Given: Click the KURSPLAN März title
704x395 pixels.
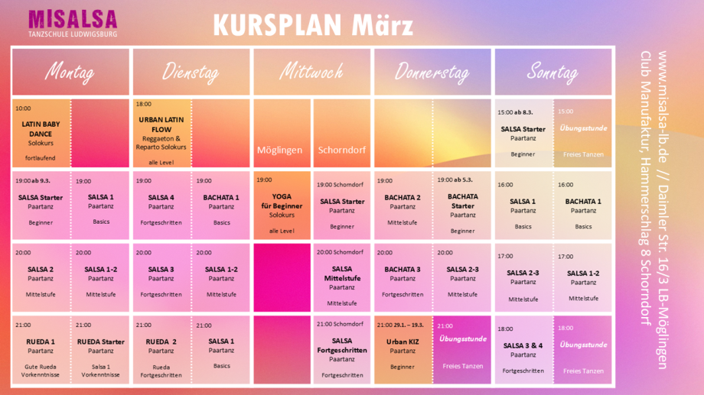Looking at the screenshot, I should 313,25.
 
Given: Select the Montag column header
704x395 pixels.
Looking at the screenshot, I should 70,72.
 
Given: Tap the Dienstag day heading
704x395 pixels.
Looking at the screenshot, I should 191,72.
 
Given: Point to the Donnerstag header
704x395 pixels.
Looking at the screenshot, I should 432,72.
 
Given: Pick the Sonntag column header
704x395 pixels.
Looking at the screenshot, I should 552,72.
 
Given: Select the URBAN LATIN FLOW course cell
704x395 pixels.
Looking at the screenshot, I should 161,133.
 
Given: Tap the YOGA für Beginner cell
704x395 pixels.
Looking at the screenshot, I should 282,206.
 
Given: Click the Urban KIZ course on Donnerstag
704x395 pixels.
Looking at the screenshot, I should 403,347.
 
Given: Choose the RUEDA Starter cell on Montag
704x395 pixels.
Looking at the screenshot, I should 101,347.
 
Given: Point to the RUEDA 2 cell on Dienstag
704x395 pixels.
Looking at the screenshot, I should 161,347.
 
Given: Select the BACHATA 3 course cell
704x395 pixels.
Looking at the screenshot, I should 403,276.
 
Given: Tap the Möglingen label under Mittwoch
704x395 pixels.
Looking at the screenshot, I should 282,150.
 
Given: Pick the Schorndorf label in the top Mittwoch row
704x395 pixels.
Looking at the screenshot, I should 342,150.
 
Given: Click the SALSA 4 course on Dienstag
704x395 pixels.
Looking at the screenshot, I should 161,205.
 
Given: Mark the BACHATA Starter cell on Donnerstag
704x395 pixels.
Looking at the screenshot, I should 462,206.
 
